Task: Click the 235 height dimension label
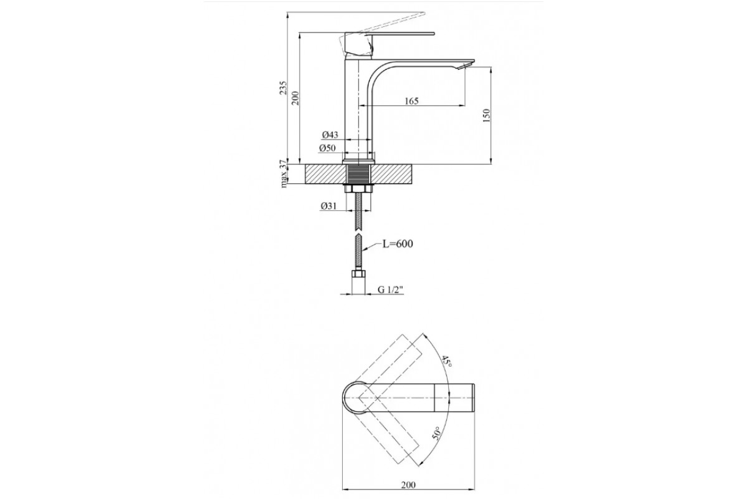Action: coord(283,87)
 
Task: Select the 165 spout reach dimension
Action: coord(411,101)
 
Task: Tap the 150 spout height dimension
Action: coord(487,115)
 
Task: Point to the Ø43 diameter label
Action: coord(330,135)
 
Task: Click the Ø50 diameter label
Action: coord(327,148)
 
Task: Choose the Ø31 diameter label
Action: coord(328,206)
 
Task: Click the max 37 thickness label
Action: coord(284,174)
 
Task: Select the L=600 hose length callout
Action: coord(398,244)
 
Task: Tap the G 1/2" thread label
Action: coord(391,289)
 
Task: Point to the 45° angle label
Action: coord(447,362)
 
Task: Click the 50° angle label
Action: coord(436,434)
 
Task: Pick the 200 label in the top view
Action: coord(408,485)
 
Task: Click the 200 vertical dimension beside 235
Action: coord(295,98)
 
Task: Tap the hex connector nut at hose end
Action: coord(358,274)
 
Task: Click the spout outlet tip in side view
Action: coord(466,66)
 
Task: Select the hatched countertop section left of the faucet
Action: coord(324,174)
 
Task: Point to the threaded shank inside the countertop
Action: coord(358,174)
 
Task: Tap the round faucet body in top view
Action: coord(356,397)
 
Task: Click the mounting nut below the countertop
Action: coord(358,188)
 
